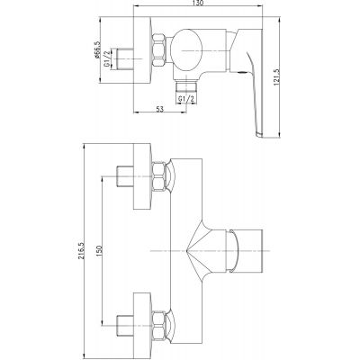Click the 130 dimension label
pyautogui.click(x=198, y=3)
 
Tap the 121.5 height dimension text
pyautogui.click(x=276, y=77)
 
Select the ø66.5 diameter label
pyautogui.click(x=96, y=49)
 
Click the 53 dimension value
pyautogui.click(x=160, y=109)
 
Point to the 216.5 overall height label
pyautogui.click(x=80, y=250)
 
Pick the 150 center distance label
pyautogui.click(x=100, y=250)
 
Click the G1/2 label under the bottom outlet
pyautogui.click(x=186, y=98)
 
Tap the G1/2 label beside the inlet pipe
pyautogui.click(x=106, y=59)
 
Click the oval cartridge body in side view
pyautogui.click(x=186, y=50)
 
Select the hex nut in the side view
pyautogui.click(x=159, y=49)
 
